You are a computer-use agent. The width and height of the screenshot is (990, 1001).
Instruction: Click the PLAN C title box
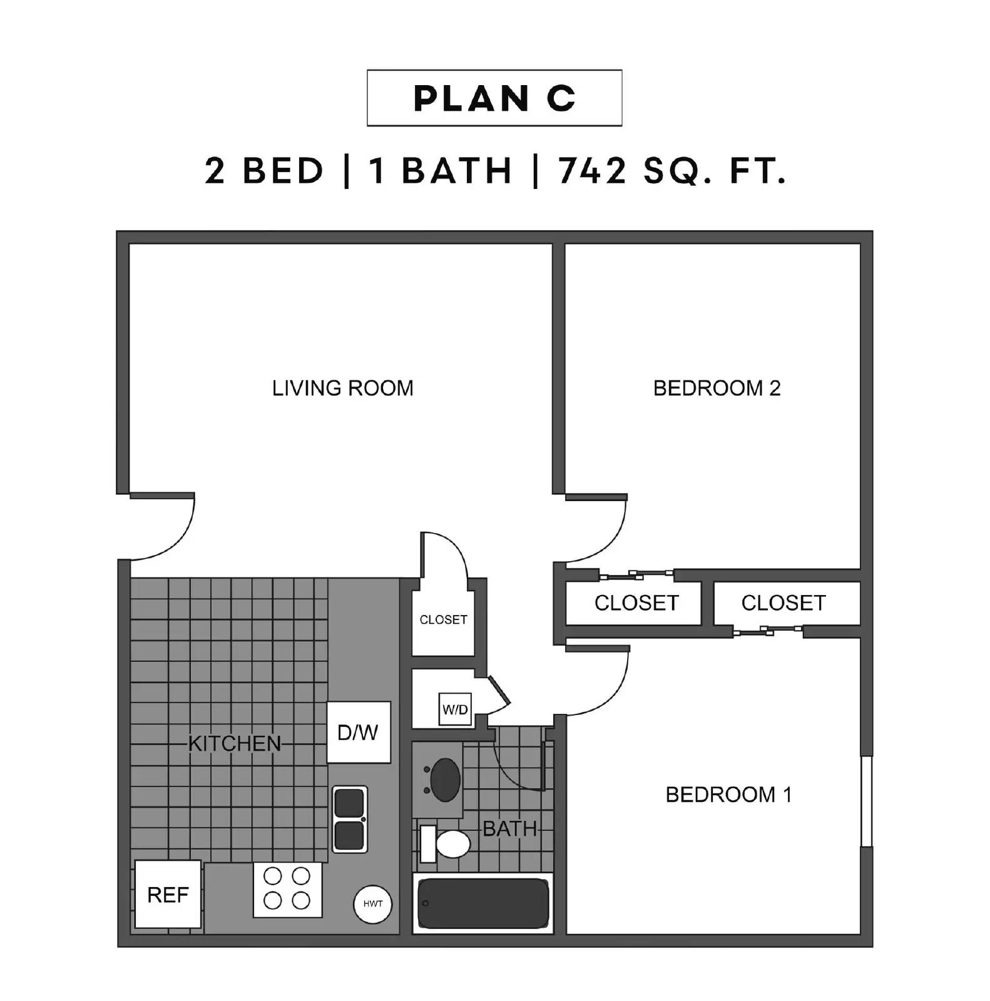pos(494,98)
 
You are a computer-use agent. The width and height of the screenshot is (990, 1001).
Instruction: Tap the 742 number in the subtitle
pos(592,171)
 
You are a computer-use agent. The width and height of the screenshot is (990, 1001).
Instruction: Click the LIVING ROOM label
pos(342,389)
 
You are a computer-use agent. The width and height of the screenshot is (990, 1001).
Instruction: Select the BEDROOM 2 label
pos(717,389)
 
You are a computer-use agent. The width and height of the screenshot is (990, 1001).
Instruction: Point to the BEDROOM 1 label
pos(728,795)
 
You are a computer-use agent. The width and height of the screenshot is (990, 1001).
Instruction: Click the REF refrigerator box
pos(168,895)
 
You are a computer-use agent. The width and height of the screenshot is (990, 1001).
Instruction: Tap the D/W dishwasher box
pos(359,732)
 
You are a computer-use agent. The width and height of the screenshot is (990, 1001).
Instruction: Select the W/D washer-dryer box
pos(455,709)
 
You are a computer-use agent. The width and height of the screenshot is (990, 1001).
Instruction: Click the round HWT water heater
pos(372,903)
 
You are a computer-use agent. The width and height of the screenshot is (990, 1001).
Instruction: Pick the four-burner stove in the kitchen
pos(287,890)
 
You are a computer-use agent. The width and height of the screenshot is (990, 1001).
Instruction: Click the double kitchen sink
pos(349,818)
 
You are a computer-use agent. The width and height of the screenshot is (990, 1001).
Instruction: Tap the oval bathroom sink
pos(444,780)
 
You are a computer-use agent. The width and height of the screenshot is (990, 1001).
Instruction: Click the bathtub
pos(482,903)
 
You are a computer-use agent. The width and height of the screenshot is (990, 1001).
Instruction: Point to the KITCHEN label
pos(235,743)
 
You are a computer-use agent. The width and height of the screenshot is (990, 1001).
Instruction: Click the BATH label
pos(509,829)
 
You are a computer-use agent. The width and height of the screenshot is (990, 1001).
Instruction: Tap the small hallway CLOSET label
pos(443,619)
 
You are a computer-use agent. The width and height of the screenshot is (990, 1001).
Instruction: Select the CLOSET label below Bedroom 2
pos(636,602)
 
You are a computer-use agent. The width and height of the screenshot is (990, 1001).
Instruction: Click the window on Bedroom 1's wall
pos(866,801)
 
